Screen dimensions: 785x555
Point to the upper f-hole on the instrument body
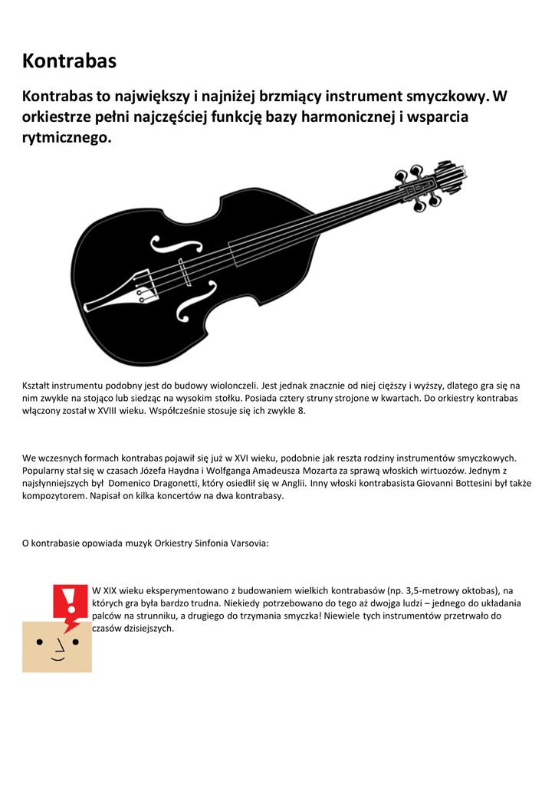pos(172,244)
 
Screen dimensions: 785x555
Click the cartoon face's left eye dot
pos(39,642)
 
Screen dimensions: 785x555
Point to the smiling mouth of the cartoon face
pos(57,658)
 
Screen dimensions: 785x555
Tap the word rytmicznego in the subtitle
pos(67,138)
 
